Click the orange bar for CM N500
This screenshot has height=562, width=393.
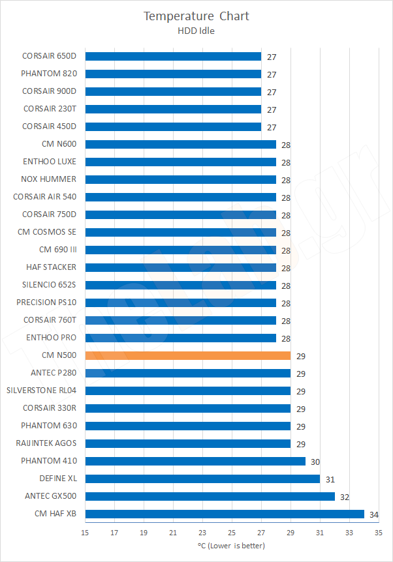(x=188, y=356)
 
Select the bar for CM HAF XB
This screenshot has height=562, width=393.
(x=225, y=514)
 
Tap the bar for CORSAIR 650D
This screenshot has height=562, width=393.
(x=173, y=57)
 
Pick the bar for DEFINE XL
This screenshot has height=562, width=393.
(x=202, y=479)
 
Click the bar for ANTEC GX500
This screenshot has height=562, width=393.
(x=210, y=497)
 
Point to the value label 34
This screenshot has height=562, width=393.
(x=374, y=515)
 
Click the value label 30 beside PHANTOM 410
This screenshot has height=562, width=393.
(x=315, y=462)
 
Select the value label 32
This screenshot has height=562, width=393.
(x=345, y=497)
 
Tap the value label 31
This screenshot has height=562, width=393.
(x=330, y=480)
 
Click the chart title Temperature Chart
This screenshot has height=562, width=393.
(x=196, y=16)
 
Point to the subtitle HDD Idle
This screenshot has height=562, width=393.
(x=196, y=29)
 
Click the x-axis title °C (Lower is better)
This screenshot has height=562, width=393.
(x=231, y=545)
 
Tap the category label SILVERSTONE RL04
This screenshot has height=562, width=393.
(x=41, y=391)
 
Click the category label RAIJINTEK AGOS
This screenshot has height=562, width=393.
(x=46, y=443)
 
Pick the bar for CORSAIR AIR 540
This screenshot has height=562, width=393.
(x=180, y=198)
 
